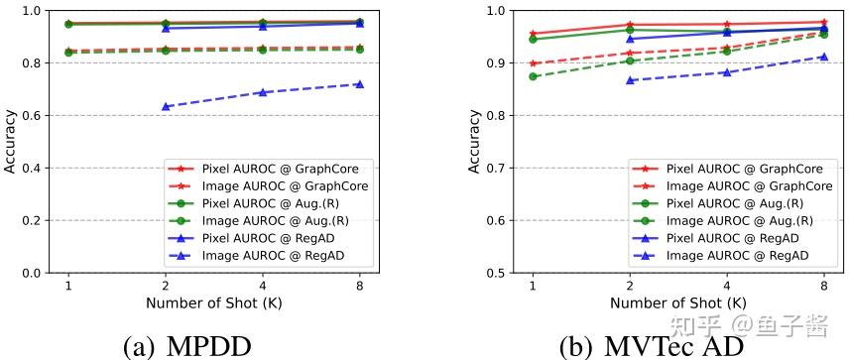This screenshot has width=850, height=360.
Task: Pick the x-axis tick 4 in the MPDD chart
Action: pyautogui.click(x=262, y=287)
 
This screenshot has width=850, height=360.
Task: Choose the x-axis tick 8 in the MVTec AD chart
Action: pyautogui.click(x=823, y=287)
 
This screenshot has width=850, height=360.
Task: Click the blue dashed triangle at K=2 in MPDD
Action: pyautogui.click(x=166, y=106)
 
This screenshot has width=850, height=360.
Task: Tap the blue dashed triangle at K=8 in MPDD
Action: pyautogui.click(x=359, y=84)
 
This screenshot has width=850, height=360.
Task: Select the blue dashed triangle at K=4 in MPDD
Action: pyautogui.click(x=262, y=92)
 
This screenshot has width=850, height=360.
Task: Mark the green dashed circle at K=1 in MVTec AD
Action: pyautogui.click(x=534, y=76)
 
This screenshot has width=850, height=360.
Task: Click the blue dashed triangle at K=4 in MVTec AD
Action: pyautogui.click(x=727, y=72)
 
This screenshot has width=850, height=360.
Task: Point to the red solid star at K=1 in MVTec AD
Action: pyautogui.click(x=534, y=34)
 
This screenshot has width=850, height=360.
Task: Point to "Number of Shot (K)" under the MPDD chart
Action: pyautogui.click(x=213, y=302)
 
